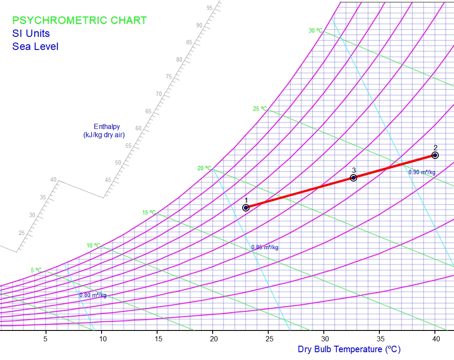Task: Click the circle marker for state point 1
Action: coord(246,208)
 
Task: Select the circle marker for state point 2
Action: coord(435,155)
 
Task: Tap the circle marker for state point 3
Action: coord(353,178)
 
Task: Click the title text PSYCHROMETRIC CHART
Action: coord(79,20)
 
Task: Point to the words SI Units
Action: coord(31,33)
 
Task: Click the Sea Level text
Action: coord(35,46)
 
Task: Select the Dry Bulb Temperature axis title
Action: coord(349,349)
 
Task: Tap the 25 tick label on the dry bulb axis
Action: coord(269,339)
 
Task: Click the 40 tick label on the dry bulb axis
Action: coord(435,339)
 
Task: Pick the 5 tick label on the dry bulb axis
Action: coord(46,339)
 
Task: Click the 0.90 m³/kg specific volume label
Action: coord(421,172)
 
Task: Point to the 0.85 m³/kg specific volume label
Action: coord(265,248)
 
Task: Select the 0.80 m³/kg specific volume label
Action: coord(93,295)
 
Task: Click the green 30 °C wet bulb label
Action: coord(316,31)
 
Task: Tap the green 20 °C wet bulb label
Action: coord(204,168)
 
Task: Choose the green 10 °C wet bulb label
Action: coord(93,246)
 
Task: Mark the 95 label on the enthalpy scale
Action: coord(210,8)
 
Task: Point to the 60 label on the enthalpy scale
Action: coord(138,128)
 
